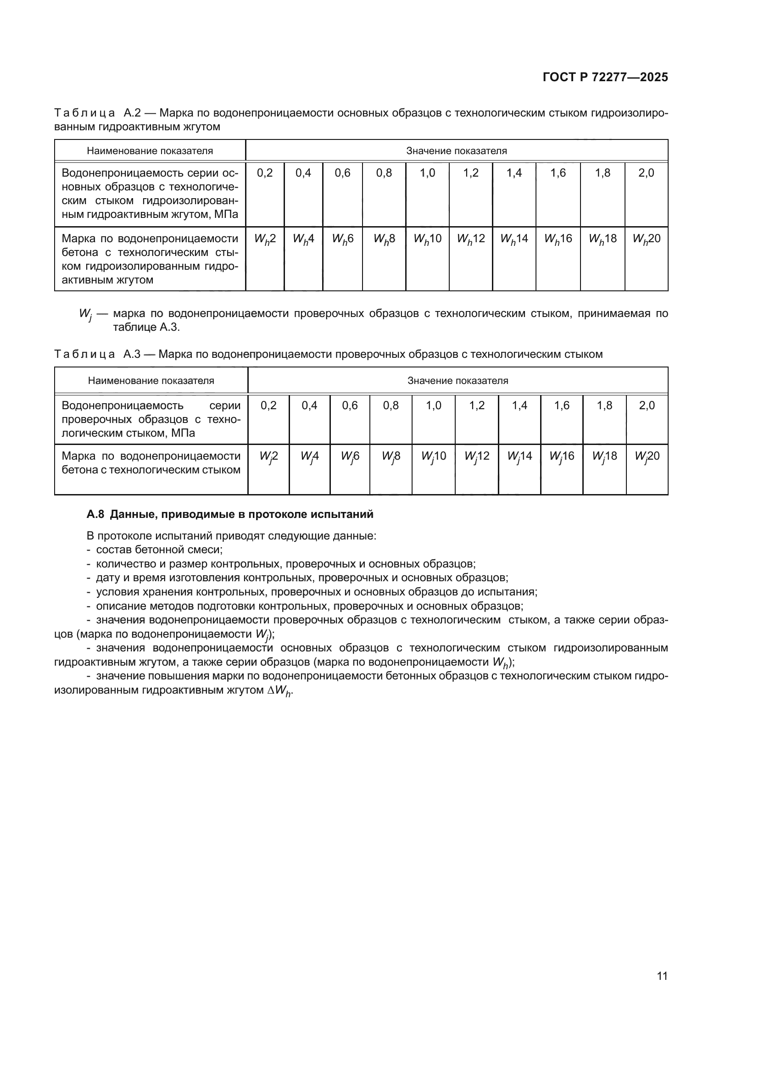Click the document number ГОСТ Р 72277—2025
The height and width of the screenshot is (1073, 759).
pyautogui.click(x=605, y=77)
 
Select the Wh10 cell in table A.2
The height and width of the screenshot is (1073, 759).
pyautogui.click(x=427, y=239)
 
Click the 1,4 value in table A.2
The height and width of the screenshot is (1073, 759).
pyautogui.click(x=514, y=173)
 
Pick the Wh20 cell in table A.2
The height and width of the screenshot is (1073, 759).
pyautogui.click(x=647, y=239)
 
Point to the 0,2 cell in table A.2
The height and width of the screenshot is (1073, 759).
pyautogui.click(x=264, y=173)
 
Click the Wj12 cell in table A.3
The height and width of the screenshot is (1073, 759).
pyautogui.click(x=477, y=456)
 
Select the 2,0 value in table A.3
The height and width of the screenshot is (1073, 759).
pyautogui.click(x=647, y=405)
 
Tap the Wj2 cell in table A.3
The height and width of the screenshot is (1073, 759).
pyautogui.click(x=269, y=456)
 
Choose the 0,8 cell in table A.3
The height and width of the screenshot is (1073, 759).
pyautogui.click(x=391, y=405)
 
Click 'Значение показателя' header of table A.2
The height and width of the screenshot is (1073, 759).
pyautogui.click(x=456, y=151)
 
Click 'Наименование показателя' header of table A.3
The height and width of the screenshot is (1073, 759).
pyautogui.click(x=151, y=380)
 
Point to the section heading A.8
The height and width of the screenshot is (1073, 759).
pyautogui.click(x=230, y=514)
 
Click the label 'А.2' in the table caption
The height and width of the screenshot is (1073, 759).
pyautogui.click(x=132, y=113)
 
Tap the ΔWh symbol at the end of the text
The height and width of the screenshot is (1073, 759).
pyautogui.click(x=279, y=690)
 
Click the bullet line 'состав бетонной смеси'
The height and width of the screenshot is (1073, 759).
pyautogui.click(x=159, y=550)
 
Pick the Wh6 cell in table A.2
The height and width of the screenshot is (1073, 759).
pyautogui.click(x=343, y=239)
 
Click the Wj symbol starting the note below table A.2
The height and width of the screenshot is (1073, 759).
pyautogui.click(x=85, y=314)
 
